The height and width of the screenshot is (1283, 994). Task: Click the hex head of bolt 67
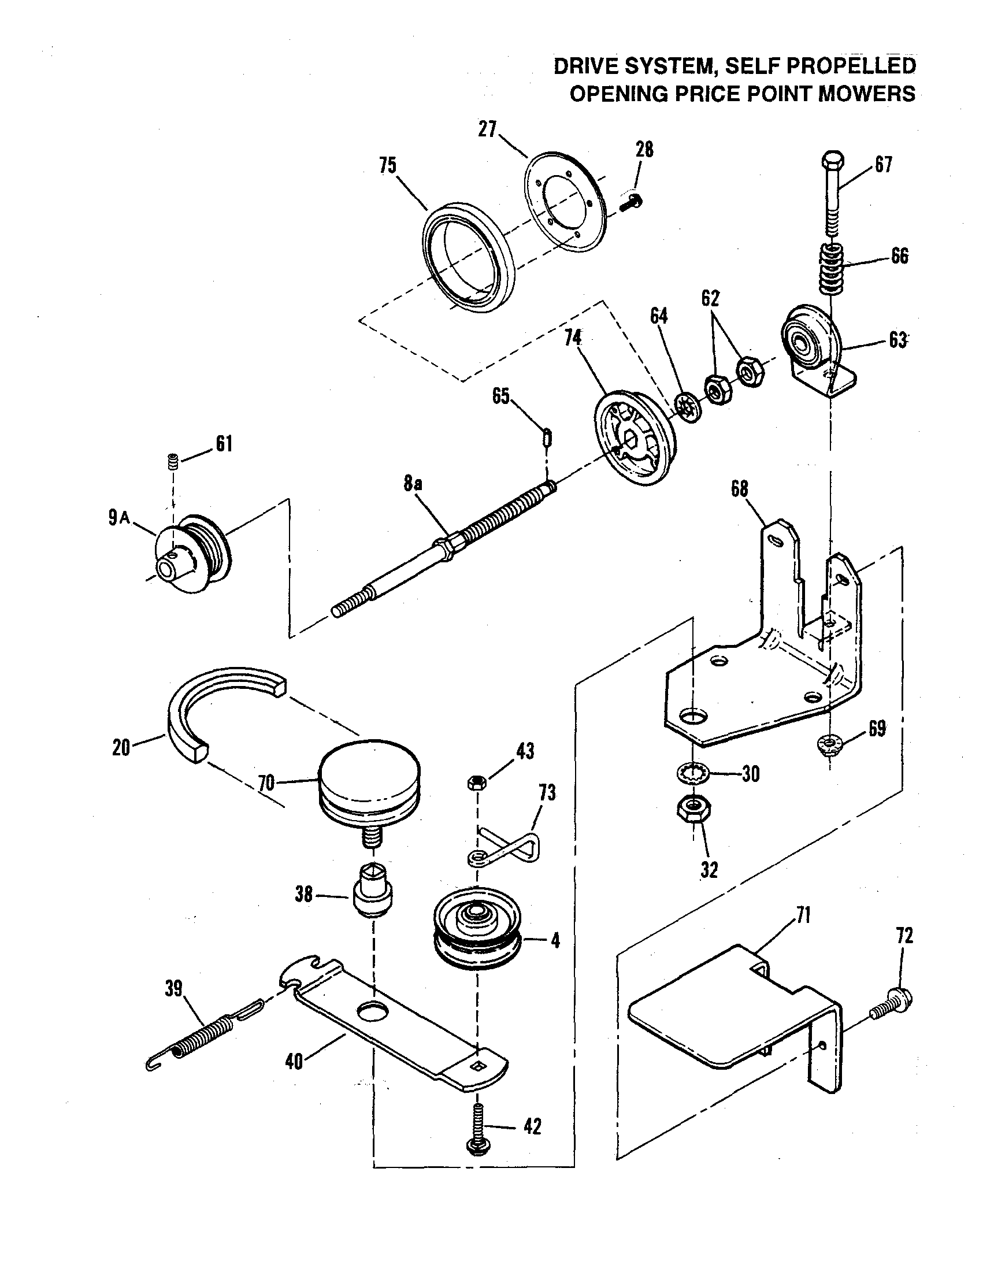point(832,161)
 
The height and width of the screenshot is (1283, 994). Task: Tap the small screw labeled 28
point(633,202)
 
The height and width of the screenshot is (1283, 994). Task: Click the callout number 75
point(388,166)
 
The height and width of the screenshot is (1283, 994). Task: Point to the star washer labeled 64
point(685,406)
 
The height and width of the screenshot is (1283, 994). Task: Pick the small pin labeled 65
point(547,438)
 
